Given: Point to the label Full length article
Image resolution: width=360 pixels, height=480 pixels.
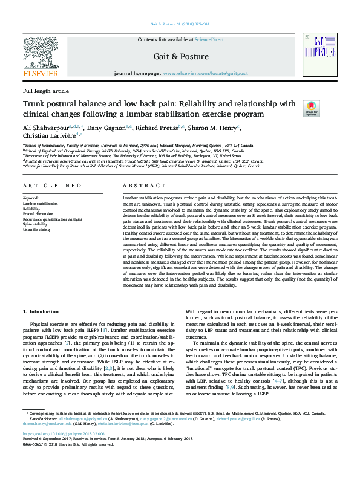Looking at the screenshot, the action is pos(46,91).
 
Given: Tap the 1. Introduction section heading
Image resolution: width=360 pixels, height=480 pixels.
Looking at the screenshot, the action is pos(41,311).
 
